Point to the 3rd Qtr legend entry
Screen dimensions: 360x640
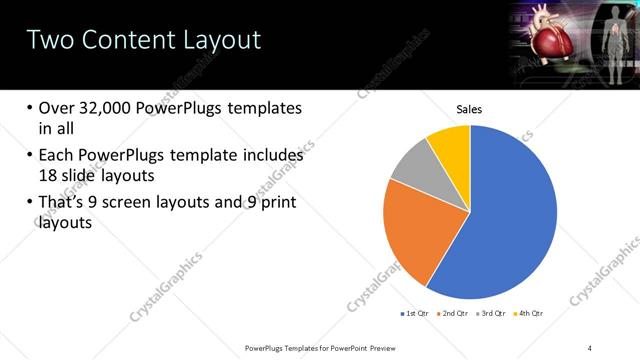coord(492,314)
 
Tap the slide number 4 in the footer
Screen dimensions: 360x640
coord(590,347)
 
